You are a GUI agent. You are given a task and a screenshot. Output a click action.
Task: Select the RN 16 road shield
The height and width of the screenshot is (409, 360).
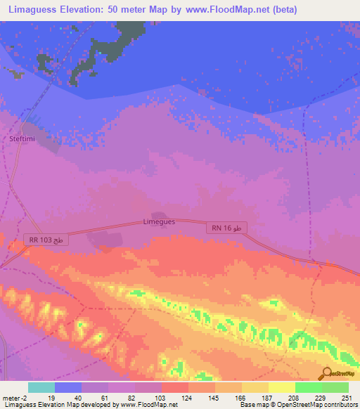(226, 228)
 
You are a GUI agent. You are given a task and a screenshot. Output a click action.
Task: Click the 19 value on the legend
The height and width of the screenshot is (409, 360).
(51, 398)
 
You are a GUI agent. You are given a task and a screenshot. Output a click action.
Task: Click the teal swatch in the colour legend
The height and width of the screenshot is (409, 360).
(41, 387)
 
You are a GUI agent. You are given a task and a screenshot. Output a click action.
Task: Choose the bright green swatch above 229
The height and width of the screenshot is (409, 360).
(308, 387)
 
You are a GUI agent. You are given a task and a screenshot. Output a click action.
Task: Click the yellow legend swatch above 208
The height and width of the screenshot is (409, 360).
(281, 387)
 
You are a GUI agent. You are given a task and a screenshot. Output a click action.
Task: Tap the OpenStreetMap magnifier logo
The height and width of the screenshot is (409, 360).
(327, 373)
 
